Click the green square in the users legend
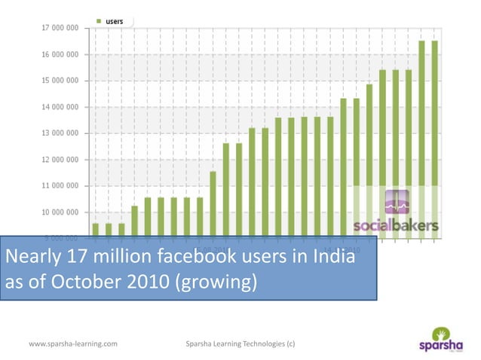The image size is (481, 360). [x=100, y=20]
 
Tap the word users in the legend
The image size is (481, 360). [x=115, y=20]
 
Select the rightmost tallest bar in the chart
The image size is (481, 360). [x=435, y=139]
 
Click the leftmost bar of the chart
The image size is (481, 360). [x=95, y=230]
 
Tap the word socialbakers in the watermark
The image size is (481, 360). [x=397, y=226]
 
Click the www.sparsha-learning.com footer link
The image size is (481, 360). [x=72, y=343]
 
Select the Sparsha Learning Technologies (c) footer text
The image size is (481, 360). [x=240, y=343]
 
